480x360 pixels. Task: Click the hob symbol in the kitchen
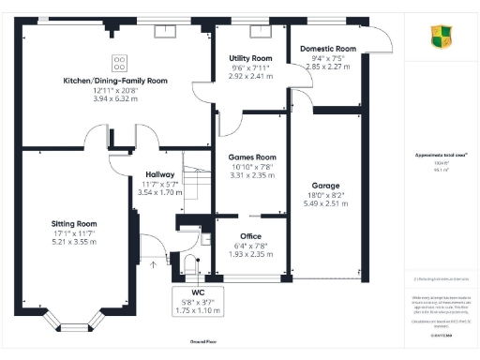(x=120, y=63)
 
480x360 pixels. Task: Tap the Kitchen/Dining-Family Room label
(x=115, y=82)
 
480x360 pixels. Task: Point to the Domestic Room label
(x=327, y=48)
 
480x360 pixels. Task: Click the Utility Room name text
(x=250, y=58)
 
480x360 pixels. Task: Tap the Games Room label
(x=253, y=157)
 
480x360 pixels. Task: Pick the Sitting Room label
(x=74, y=224)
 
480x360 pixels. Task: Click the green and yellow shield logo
(x=441, y=37)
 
